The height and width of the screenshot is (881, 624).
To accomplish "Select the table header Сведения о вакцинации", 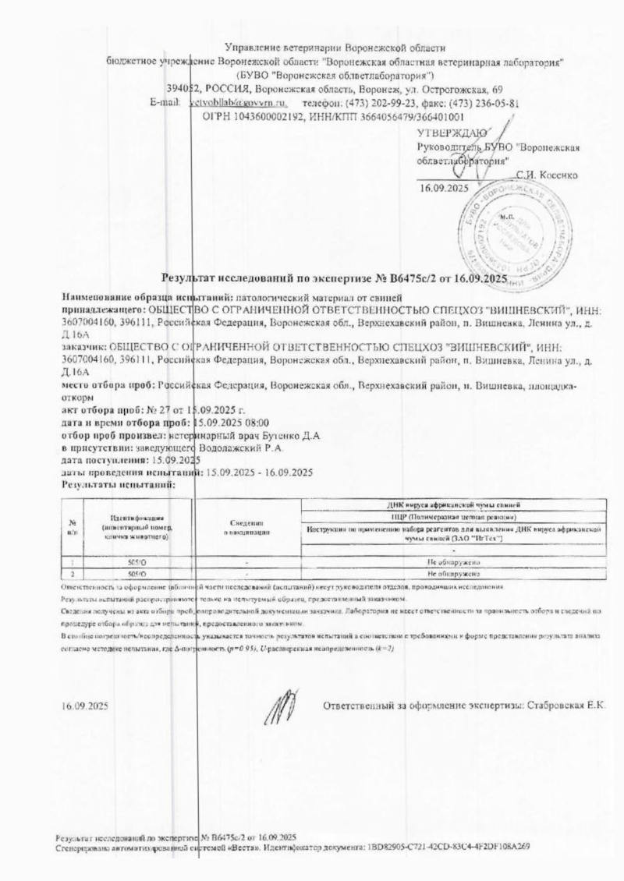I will (x=247, y=526).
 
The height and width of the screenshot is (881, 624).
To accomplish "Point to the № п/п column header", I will (x=72, y=526).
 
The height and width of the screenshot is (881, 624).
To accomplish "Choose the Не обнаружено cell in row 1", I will (x=452, y=561).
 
